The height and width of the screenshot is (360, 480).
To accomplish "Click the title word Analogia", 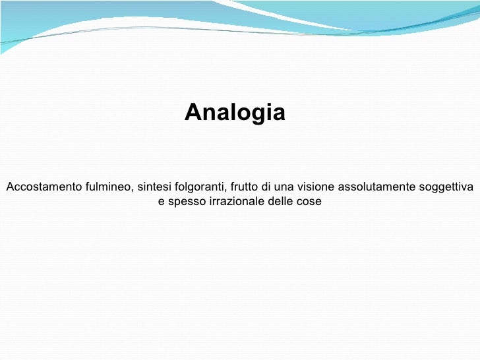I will [x=235, y=113].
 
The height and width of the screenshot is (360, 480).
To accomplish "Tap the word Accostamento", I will [x=44, y=187].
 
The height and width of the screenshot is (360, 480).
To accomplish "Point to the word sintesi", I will [x=154, y=187].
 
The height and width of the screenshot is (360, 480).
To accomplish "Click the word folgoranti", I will [x=200, y=187].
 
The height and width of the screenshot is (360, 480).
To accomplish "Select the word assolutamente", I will [x=376, y=187].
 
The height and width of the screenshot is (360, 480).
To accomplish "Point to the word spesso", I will [x=187, y=201].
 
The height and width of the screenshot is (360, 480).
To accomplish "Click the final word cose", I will [x=309, y=201].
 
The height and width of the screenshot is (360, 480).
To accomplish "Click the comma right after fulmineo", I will [x=133, y=190].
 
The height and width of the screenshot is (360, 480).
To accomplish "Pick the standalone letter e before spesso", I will [x=162, y=201].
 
